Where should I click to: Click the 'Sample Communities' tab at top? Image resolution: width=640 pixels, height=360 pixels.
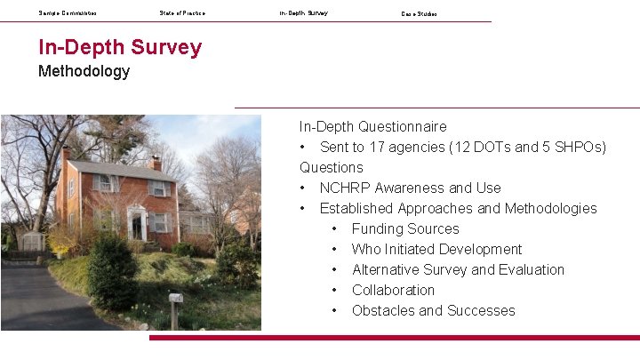68,13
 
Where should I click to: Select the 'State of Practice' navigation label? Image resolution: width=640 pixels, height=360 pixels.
182,13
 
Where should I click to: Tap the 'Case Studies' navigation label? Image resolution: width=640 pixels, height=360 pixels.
419,14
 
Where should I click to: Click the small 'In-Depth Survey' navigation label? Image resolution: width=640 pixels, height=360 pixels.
303,13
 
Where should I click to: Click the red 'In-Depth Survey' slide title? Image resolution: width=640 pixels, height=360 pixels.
120,47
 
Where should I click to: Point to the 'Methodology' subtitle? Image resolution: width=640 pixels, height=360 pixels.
84,71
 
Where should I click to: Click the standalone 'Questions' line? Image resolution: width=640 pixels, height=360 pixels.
331,167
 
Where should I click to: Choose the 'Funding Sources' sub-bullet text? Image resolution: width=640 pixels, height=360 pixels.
405,228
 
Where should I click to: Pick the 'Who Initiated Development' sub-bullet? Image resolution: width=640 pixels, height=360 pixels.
436,249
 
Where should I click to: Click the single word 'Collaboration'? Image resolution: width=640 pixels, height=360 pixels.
393,290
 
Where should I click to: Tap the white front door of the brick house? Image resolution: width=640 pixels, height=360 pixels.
138,226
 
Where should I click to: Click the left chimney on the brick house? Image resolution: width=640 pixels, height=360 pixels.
67,156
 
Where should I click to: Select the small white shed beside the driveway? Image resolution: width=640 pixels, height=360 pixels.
32,241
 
